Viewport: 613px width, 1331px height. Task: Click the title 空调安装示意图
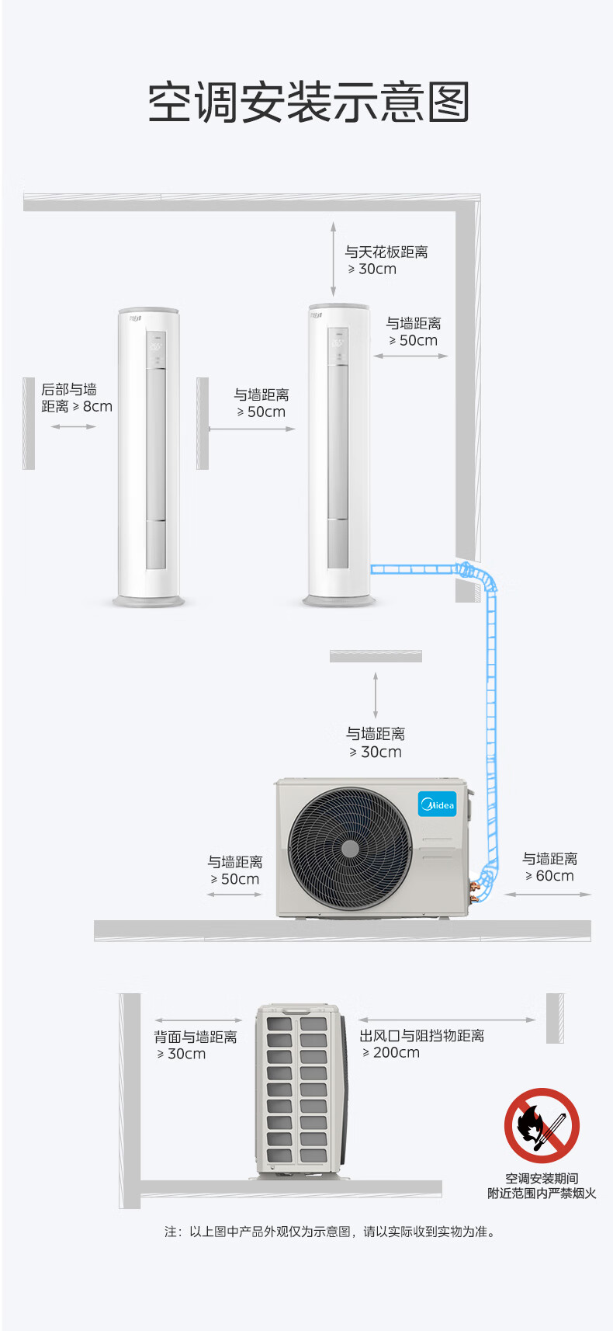(x=308, y=103)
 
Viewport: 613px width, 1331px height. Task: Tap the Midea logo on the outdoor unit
(x=437, y=804)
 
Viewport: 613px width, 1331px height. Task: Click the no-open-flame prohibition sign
(x=542, y=1125)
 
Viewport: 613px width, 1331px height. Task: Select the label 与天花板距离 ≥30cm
(x=386, y=260)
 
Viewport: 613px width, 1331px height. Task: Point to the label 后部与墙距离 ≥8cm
(x=77, y=398)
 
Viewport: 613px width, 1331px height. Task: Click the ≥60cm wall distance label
(x=549, y=867)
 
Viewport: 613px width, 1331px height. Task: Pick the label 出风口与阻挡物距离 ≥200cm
(x=422, y=1044)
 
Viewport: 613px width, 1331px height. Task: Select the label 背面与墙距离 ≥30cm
(x=196, y=1045)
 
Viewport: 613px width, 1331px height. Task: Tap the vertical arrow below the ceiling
(x=333, y=259)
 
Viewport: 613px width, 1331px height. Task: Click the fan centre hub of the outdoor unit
(x=350, y=849)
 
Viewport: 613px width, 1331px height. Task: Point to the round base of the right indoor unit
(x=338, y=601)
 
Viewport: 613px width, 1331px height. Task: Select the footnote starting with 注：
(x=331, y=1232)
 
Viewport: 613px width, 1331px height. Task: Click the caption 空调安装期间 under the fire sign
(x=542, y=1178)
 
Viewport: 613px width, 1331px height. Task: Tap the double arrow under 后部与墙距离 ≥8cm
(x=74, y=426)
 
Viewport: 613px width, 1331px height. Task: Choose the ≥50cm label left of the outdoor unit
(x=234, y=871)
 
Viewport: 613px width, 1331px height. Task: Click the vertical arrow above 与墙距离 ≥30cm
(x=376, y=695)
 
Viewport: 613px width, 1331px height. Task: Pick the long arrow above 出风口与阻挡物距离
(x=447, y=1020)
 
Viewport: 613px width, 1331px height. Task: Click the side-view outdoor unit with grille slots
(x=301, y=1091)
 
